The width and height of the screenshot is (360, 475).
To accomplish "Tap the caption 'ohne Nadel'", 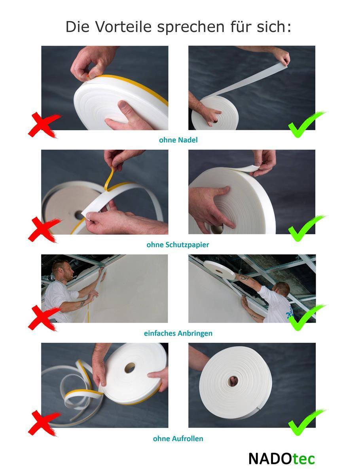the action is point(178,140).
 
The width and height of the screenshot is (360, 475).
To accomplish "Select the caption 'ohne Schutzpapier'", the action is point(178,245).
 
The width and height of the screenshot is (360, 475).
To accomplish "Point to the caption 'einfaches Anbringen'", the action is point(178,333).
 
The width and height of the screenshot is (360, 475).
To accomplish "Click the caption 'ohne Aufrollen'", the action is point(178,439).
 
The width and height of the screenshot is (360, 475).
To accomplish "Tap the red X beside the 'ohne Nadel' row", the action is point(44,125).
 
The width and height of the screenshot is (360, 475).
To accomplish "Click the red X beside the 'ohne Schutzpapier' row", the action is point(44,229).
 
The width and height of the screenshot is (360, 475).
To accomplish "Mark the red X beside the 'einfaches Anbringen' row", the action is point(44,318).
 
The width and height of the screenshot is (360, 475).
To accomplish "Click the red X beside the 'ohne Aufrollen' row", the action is point(44,423).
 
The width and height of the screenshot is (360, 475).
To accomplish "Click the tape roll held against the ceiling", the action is point(220,270).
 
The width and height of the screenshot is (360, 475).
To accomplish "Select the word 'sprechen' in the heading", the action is point(191,27).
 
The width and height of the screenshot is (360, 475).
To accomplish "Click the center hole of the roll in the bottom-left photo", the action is point(130,368).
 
